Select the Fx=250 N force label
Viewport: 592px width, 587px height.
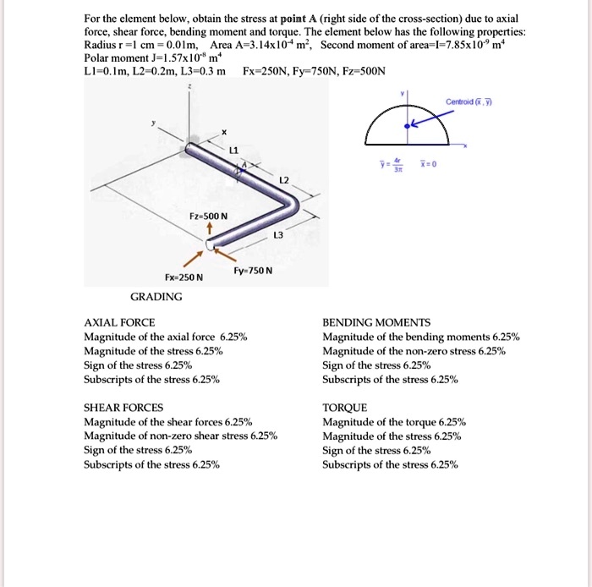(184, 277)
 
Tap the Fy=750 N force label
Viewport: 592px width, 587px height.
(252, 270)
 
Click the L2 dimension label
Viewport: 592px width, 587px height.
(284, 181)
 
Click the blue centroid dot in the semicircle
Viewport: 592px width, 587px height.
(408, 124)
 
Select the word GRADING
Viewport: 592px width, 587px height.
(156, 297)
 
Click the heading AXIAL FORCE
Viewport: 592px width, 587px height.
(118, 323)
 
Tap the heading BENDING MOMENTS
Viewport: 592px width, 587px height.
(376, 323)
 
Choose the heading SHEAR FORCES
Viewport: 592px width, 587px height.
(123, 408)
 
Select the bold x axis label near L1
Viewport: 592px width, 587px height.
(225, 132)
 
